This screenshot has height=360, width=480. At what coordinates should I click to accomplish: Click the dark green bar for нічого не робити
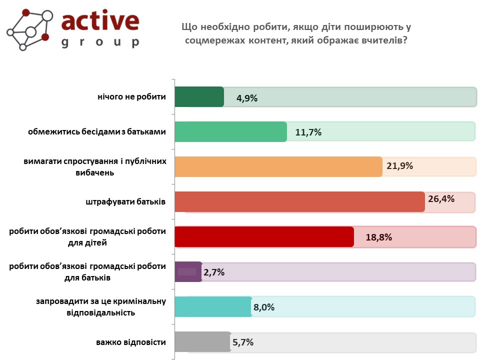(x=199, y=96)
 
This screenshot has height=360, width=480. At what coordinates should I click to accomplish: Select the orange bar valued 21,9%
(x=278, y=167)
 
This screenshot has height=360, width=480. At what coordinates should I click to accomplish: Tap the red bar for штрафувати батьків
(x=299, y=201)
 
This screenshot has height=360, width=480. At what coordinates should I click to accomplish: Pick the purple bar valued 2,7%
(x=188, y=272)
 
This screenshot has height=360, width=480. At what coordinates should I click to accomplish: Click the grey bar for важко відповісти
(x=203, y=342)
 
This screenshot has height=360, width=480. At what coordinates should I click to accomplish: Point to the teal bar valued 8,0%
(x=213, y=306)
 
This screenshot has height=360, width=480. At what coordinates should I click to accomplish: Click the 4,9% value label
(x=246, y=98)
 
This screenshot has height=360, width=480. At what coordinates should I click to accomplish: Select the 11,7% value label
(x=308, y=132)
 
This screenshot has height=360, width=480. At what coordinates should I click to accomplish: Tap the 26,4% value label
(x=441, y=199)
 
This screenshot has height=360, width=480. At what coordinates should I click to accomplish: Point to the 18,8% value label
(x=378, y=237)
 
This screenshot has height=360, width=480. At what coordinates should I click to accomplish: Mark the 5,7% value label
(x=243, y=342)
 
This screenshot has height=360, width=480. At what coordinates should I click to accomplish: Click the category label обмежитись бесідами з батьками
(x=96, y=131)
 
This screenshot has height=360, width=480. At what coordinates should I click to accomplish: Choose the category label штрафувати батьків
(x=125, y=201)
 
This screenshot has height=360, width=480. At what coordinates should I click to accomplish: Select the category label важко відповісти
(x=131, y=342)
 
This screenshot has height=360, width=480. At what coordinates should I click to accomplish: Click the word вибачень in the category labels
(x=95, y=172)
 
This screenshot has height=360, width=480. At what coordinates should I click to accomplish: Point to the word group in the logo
(x=100, y=42)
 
